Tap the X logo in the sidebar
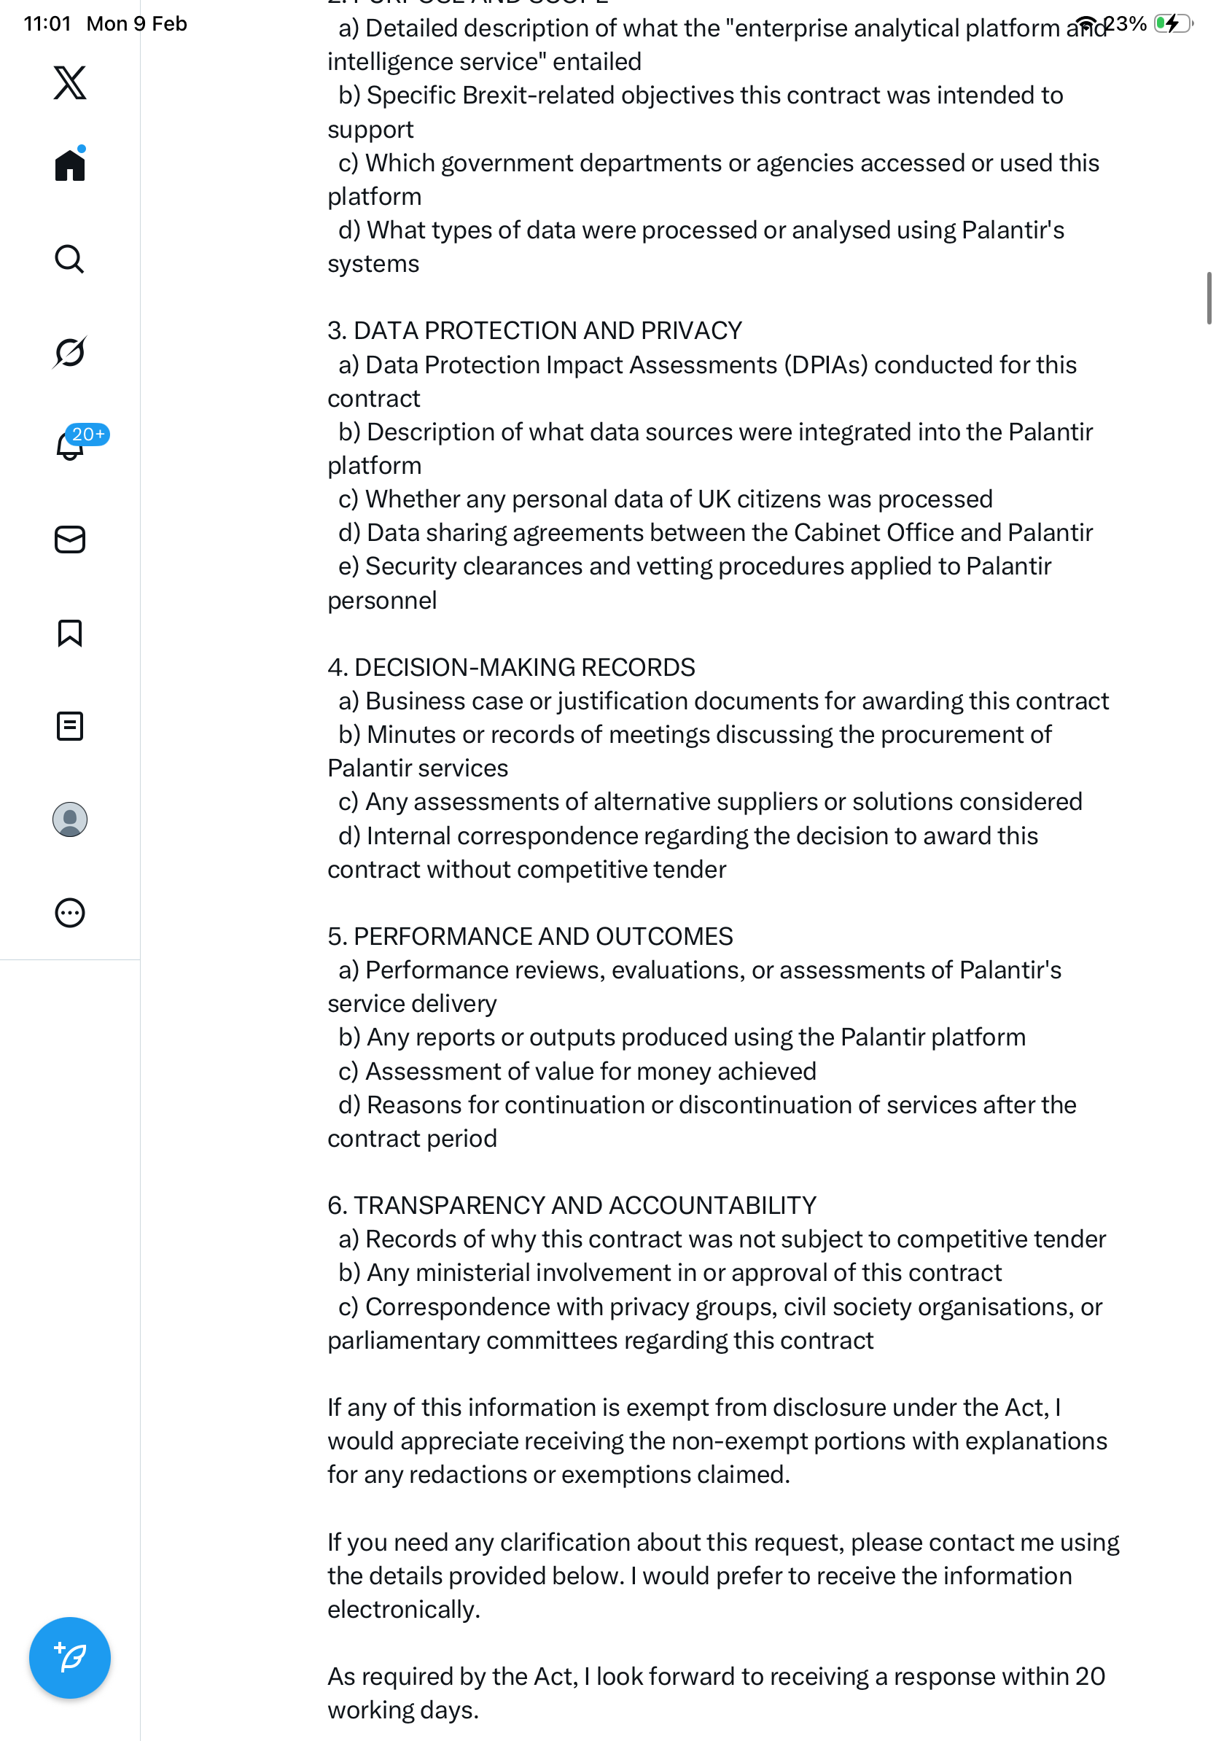[70, 82]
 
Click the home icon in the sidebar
[70, 165]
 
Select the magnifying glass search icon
[70, 260]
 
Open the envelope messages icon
[70, 540]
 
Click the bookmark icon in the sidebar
[70, 633]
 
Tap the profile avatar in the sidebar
[70, 819]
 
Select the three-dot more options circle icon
[70, 913]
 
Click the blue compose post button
[70, 1658]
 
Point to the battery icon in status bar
[1172, 23]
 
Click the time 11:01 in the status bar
[47, 24]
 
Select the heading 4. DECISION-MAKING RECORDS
[511, 667]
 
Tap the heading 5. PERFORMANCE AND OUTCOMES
[530, 936]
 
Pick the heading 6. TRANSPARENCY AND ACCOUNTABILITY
[572, 1206]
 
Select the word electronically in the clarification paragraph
[403, 1610]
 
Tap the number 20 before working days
[1090, 1678]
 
